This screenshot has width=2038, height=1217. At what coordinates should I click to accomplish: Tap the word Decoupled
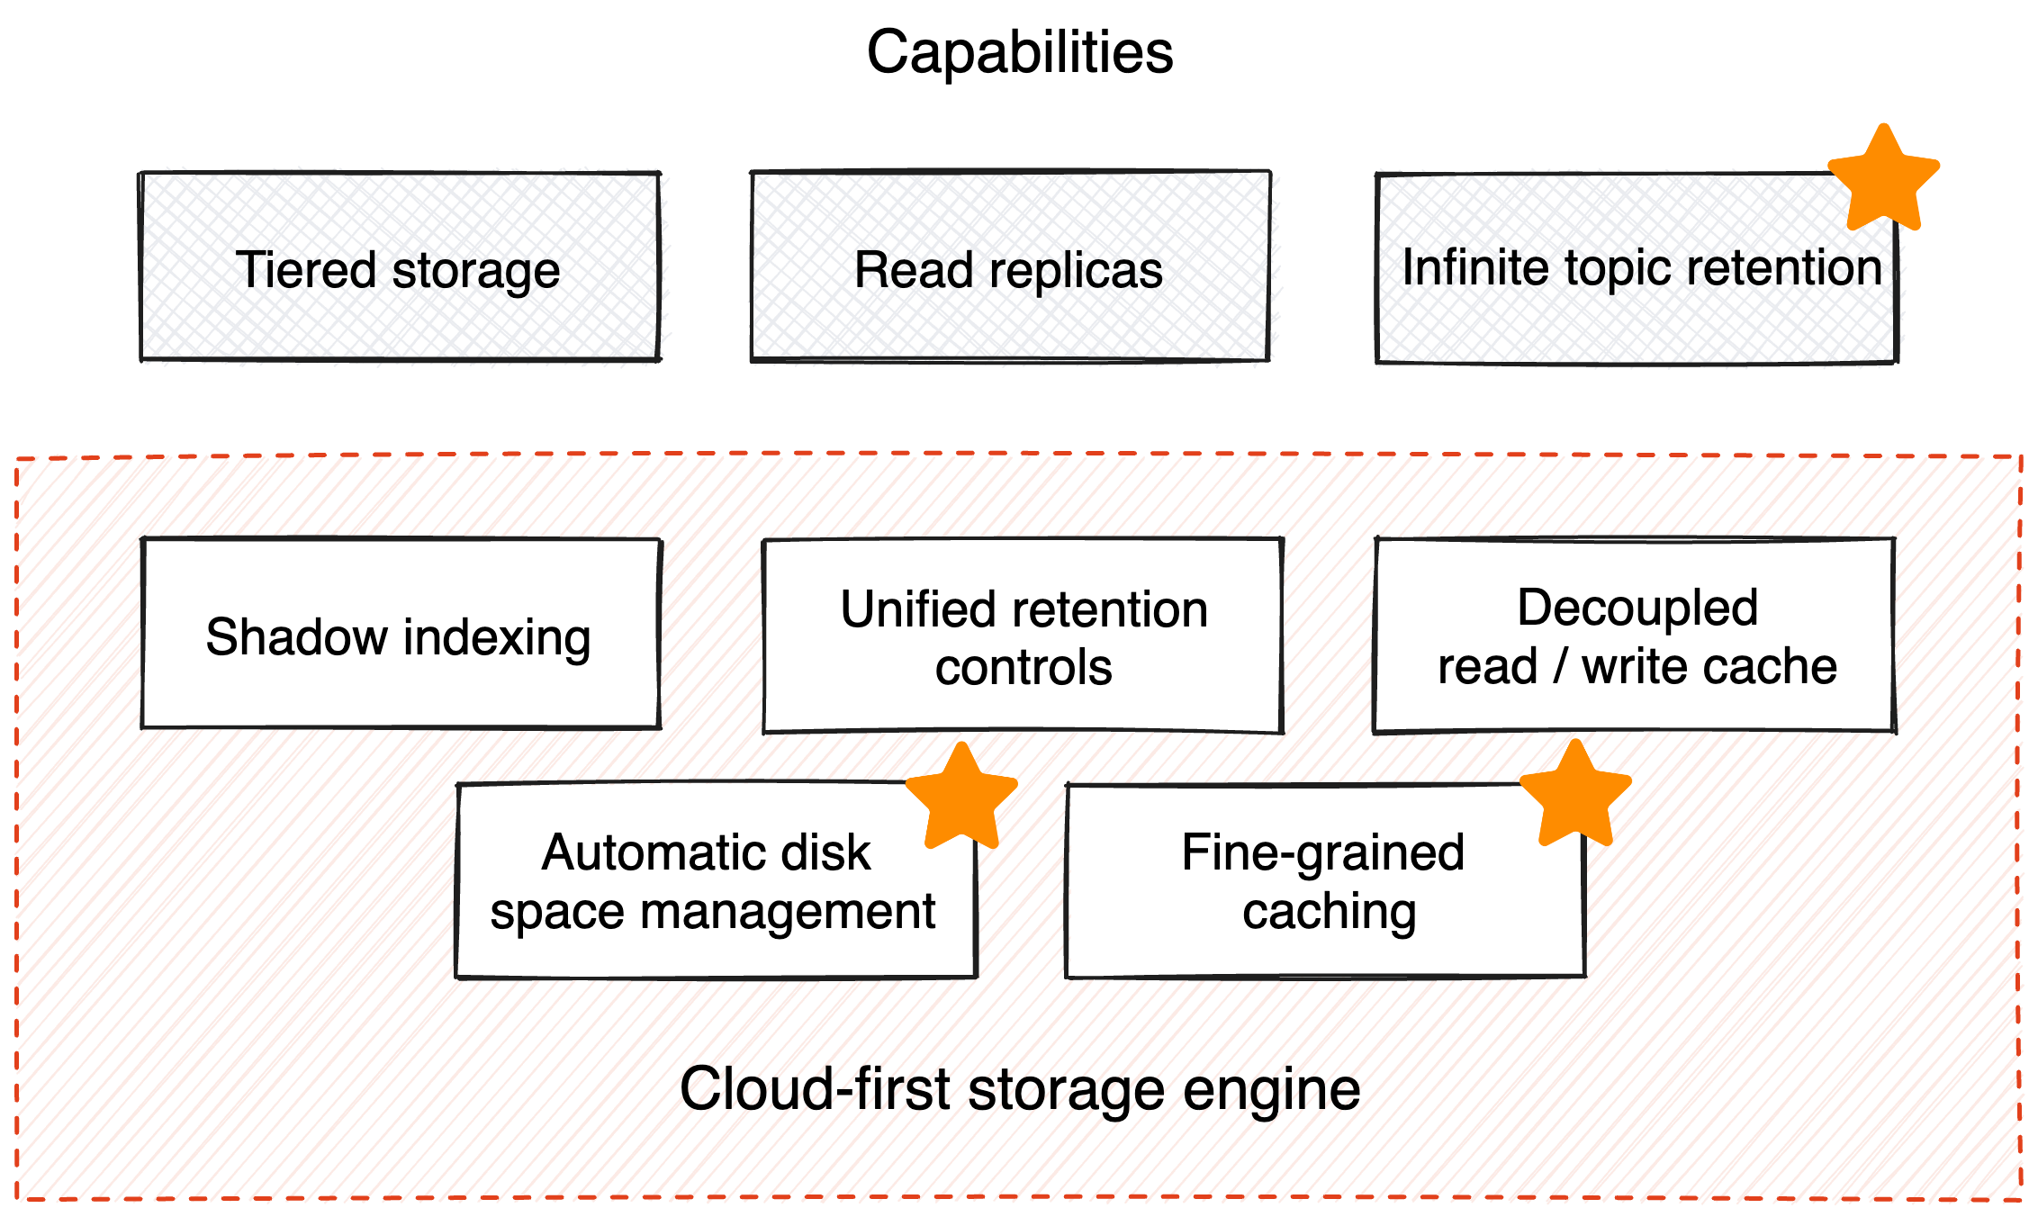[x=1637, y=608]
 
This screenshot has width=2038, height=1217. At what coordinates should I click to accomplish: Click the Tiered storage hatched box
[x=401, y=267]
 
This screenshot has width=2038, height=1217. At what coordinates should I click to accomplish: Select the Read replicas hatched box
[x=1010, y=267]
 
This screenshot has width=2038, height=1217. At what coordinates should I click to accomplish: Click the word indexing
[x=497, y=638]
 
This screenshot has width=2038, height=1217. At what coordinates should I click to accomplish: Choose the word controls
[x=1024, y=668]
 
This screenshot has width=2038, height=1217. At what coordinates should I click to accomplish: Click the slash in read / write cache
[x=1559, y=667]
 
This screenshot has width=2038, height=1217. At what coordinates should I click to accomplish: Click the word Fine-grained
[x=1322, y=852]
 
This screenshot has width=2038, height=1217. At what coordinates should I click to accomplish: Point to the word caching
[x=1329, y=912]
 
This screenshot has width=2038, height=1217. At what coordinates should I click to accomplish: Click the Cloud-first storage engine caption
[x=1019, y=1087]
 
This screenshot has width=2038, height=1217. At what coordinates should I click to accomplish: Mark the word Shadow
[x=295, y=637]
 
